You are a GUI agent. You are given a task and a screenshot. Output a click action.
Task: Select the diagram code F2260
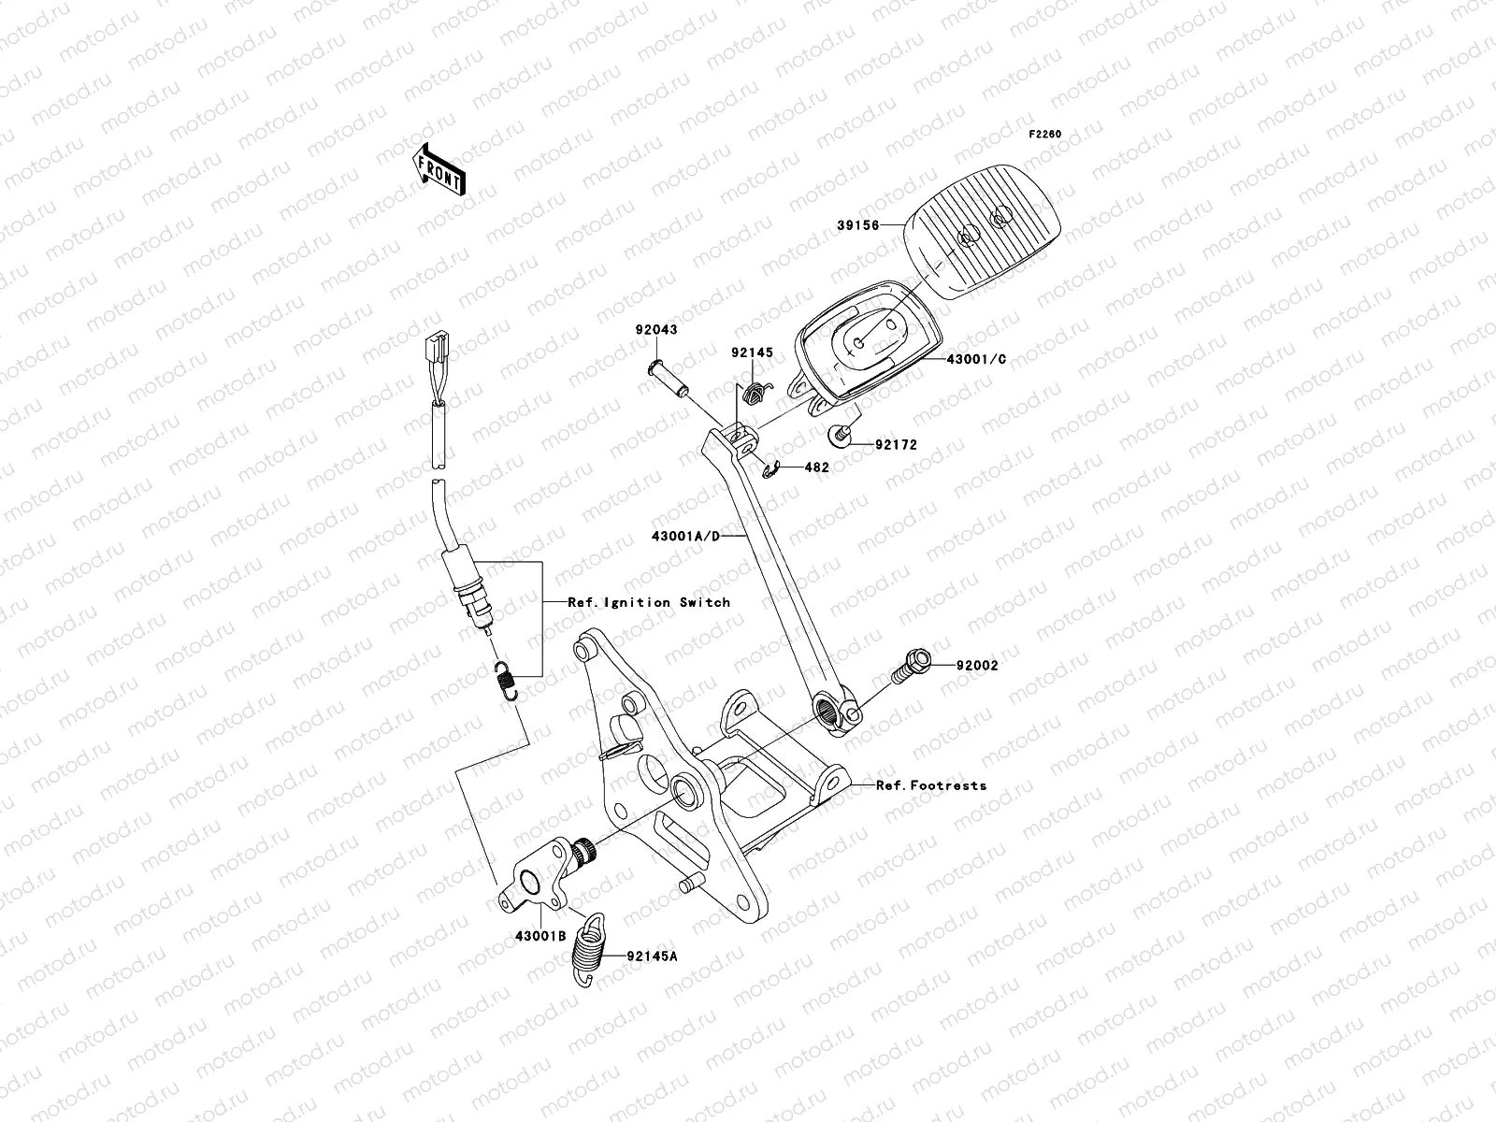coord(1045,135)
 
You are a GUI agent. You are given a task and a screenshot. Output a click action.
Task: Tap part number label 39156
coord(859,224)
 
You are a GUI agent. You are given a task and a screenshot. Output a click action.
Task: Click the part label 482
coord(816,467)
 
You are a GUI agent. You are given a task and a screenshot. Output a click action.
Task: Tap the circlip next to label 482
coord(772,473)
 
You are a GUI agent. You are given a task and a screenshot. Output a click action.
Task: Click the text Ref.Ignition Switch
coord(649,602)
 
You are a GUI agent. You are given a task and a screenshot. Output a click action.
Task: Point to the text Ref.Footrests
coord(930,785)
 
